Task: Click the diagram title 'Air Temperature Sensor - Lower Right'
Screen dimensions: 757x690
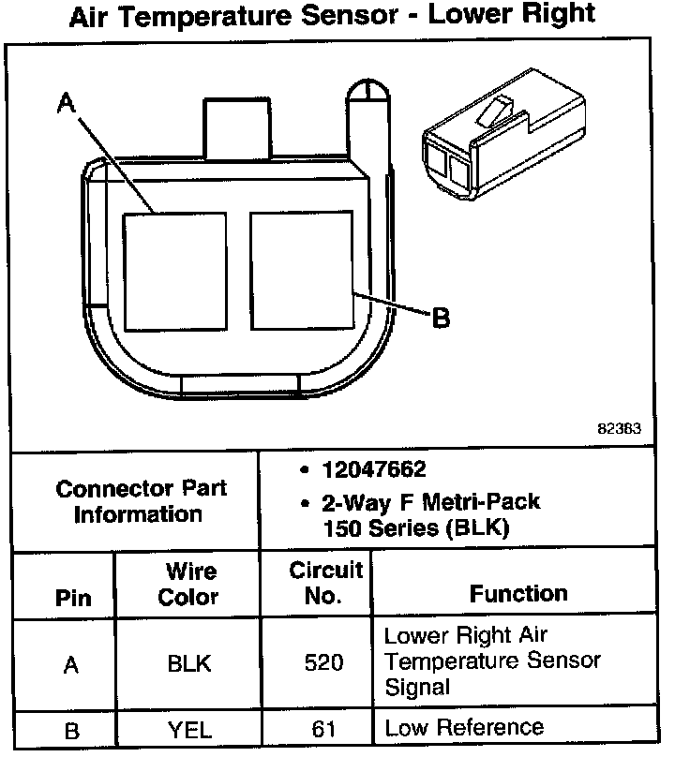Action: (333, 16)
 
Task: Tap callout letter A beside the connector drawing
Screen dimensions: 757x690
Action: (65, 105)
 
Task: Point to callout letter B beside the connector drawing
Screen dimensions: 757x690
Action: (440, 319)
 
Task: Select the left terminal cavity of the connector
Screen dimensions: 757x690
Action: (175, 271)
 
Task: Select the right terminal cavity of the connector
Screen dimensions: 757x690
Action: (301, 270)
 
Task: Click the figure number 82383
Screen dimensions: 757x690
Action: (619, 430)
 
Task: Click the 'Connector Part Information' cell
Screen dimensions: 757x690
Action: (141, 501)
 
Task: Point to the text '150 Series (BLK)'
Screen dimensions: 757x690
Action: (415, 527)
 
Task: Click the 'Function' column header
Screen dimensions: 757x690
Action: (518, 593)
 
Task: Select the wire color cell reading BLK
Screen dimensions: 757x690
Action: (188, 664)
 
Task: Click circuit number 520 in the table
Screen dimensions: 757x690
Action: (324, 664)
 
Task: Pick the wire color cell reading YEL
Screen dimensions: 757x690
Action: (188, 729)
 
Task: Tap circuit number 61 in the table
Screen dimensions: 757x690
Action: (324, 729)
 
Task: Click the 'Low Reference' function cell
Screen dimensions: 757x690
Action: (464, 727)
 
